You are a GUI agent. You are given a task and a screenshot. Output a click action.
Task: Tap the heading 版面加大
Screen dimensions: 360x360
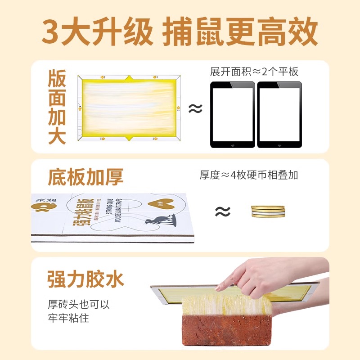[x=57, y=108]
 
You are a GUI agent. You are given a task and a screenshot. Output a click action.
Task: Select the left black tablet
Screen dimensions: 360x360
[x=232, y=114]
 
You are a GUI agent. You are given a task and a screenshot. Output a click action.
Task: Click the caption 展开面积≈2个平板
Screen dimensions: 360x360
[x=254, y=72]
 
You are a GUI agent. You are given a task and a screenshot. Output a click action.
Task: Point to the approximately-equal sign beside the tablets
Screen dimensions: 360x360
[x=195, y=108]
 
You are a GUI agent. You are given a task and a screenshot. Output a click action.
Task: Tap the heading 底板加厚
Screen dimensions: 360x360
[x=85, y=177]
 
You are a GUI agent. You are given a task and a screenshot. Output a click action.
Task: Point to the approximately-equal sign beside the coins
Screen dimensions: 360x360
[x=222, y=211]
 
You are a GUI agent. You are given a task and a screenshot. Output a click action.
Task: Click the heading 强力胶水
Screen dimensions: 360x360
[x=85, y=279]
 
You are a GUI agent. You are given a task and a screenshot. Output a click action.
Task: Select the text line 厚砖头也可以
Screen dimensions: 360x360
[x=79, y=304]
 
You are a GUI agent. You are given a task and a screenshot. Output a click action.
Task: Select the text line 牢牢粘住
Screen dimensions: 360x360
[x=68, y=318]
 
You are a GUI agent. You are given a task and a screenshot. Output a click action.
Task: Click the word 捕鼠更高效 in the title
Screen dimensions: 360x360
[x=240, y=32]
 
